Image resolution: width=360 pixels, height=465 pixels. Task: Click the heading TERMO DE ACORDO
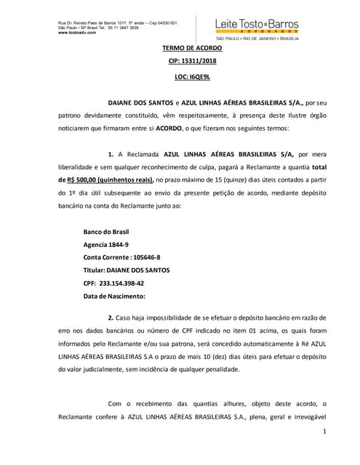tap(191, 48)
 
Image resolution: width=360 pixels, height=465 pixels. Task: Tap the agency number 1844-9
tap(119, 245)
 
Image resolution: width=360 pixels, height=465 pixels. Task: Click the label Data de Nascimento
tap(115, 296)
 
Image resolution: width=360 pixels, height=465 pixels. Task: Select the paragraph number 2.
tap(111, 318)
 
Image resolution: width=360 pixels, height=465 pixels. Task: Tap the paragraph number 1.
tap(111, 155)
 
